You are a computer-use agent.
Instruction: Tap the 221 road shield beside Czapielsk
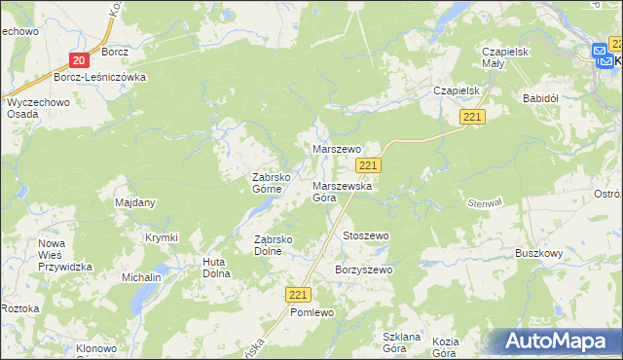click(473, 117)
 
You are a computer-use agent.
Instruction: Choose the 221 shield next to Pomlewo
click(299, 294)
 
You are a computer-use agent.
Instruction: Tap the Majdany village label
click(135, 202)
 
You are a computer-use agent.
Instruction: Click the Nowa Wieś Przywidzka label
click(65, 255)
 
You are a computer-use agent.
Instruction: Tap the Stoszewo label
click(366, 235)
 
